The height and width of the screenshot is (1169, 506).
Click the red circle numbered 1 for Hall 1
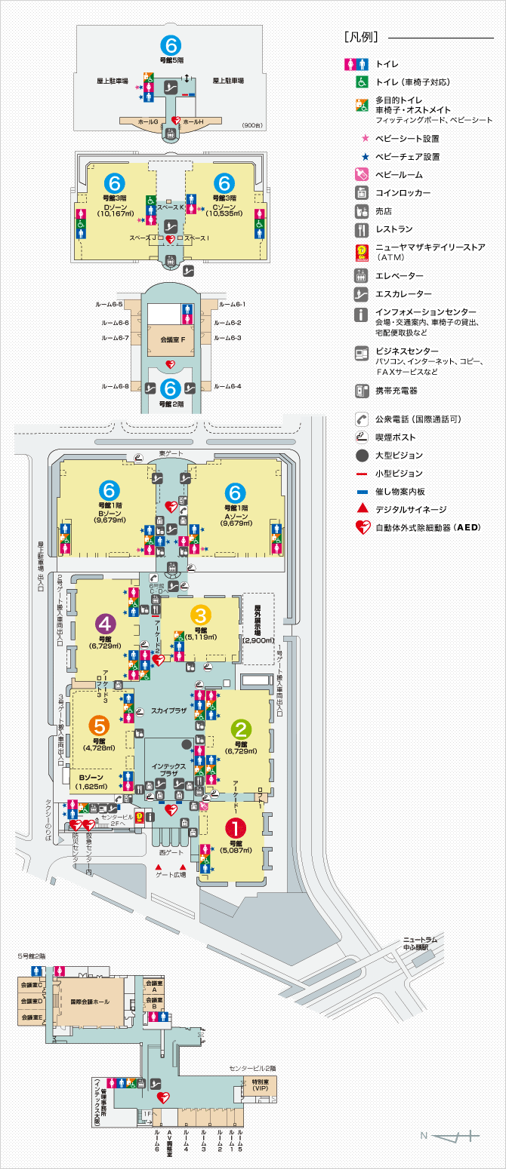coord(236,830)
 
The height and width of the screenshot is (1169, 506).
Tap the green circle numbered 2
coord(242,729)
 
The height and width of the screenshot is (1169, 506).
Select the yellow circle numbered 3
coord(201,615)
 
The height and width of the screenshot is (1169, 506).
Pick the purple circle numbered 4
coord(105,624)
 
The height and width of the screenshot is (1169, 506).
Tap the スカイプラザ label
coord(168,710)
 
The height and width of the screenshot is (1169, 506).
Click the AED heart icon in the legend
coord(363,527)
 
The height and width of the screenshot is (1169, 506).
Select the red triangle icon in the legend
coord(363,509)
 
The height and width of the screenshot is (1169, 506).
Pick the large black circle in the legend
coord(363,455)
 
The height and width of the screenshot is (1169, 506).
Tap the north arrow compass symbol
coord(453,1134)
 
